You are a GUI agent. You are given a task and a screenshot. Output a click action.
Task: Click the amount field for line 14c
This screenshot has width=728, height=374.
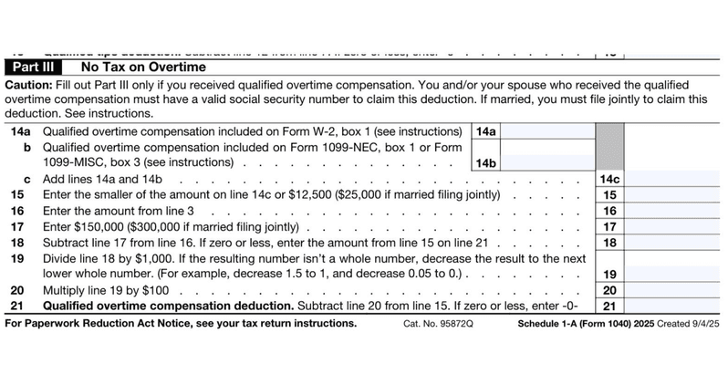coord(676,179)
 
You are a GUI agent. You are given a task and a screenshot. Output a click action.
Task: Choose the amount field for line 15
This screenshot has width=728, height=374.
coord(676,194)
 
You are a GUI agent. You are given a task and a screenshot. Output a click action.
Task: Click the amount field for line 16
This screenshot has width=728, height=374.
coord(676,210)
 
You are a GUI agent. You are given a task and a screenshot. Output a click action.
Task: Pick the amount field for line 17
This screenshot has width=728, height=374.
coord(676,226)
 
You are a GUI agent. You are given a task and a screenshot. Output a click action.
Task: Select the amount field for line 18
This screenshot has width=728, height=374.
coord(676,242)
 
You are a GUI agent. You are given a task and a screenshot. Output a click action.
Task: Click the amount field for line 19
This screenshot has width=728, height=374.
coord(676,273)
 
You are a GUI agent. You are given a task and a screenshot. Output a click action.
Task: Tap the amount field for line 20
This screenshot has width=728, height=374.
coord(676,289)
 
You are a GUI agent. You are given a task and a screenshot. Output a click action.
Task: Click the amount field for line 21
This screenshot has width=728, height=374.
coord(676,306)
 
